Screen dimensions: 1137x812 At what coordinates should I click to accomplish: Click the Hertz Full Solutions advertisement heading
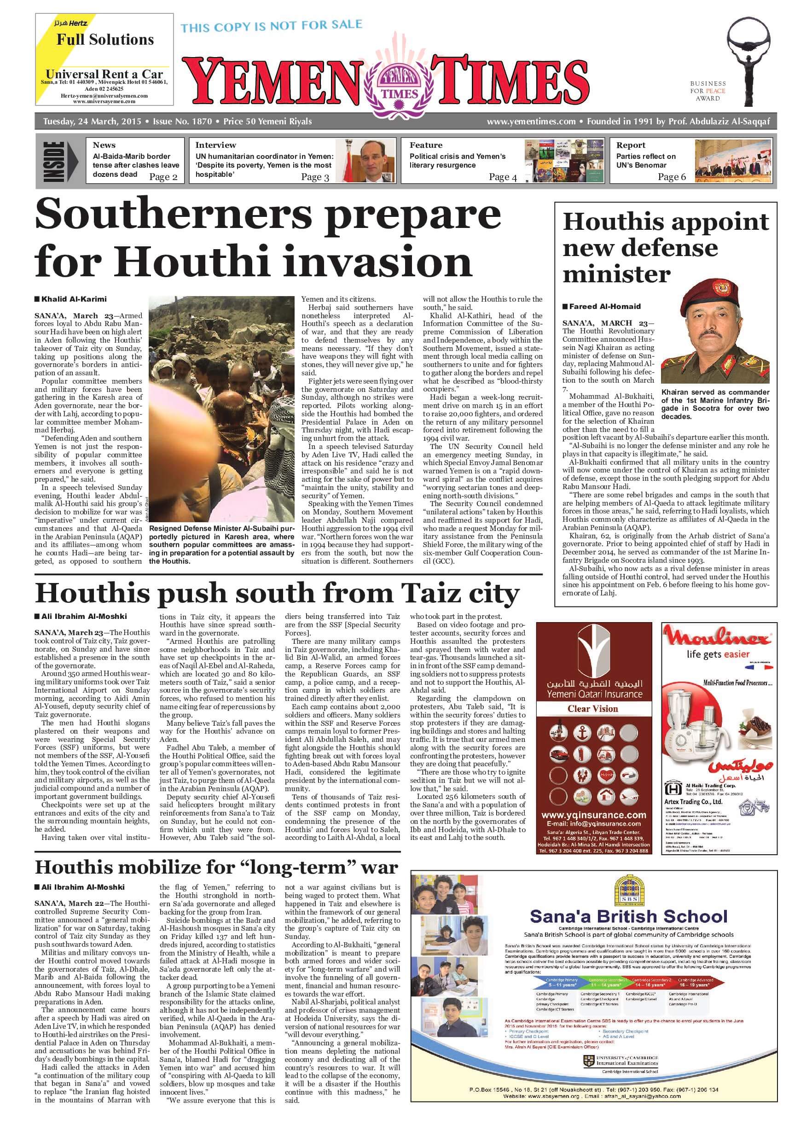click(105, 40)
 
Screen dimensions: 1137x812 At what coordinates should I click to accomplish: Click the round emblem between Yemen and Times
click(399, 82)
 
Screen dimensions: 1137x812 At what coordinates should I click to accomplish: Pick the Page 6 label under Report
click(672, 176)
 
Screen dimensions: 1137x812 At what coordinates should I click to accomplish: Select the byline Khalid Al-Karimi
click(74, 299)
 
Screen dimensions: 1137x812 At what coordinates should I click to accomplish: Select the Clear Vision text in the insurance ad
click(592, 709)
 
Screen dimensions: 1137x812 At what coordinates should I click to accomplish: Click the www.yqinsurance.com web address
click(593, 815)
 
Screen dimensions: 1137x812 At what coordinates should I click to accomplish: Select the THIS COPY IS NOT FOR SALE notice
click(272, 25)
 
